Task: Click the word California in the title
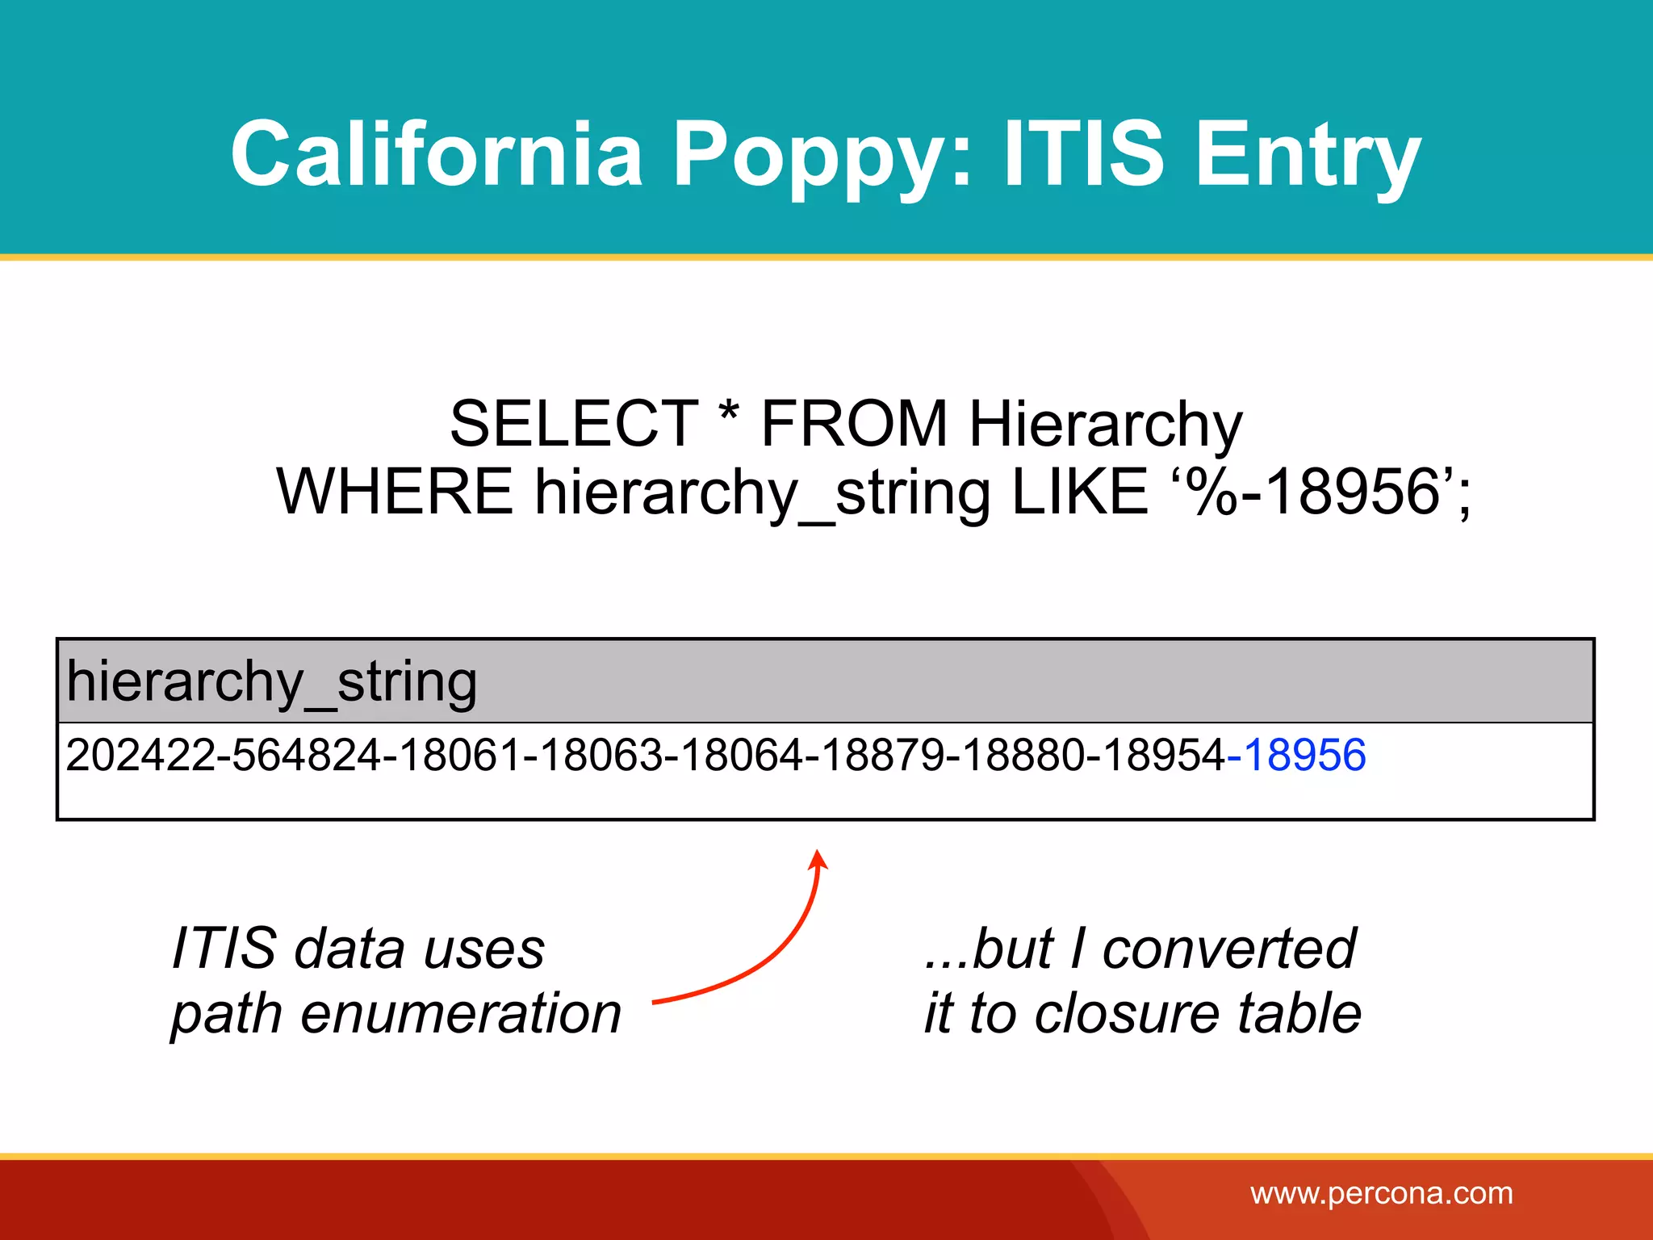pyautogui.click(x=436, y=153)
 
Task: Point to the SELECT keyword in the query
pyautogui.click(x=574, y=424)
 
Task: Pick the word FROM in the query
pyautogui.click(x=854, y=424)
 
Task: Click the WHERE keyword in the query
pyautogui.click(x=395, y=492)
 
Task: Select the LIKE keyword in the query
pyautogui.click(x=1079, y=492)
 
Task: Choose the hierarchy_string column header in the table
pyautogui.click(x=271, y=683)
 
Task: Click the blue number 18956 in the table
pyautogui.click(x=1304, y=756)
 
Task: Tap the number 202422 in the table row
pyautogui.click(x=142, y=756)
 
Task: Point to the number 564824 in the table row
pyautogui.click(x=308, y=756)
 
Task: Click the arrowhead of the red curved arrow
pyautogui.click(x=818, y=857)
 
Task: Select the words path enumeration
pyautogui.click(x=395, y=1014)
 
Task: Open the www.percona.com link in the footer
pyautogui.click(x=1381, y=1193)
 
